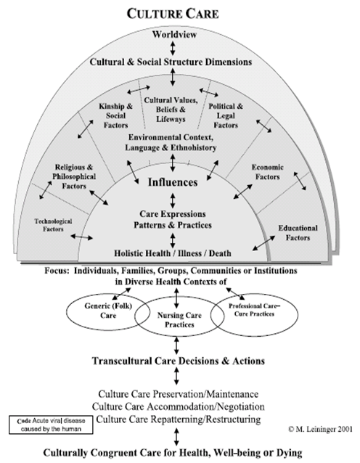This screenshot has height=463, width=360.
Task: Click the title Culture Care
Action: point(173,14)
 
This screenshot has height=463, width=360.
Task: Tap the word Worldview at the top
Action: point(174,35)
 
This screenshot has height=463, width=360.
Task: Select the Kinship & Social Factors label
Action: point(116,115)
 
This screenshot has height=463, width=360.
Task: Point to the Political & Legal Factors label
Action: point(226,115)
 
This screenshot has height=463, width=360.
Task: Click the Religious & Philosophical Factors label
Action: point(74,176)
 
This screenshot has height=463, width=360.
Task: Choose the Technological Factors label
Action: point(53,225)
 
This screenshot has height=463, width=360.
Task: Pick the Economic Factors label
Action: point(267,172)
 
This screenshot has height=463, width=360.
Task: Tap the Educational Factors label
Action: point(298,233)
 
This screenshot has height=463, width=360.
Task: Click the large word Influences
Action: point(173,182)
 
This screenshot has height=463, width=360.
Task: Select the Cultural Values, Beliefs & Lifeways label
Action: point(171,110)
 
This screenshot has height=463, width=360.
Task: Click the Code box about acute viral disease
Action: point(51,425)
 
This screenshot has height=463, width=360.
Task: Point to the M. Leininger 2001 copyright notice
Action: point(320,429)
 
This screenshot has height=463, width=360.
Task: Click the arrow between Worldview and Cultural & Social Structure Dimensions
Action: point(173,48)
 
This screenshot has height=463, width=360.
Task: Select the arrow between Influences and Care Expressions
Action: point(173,200)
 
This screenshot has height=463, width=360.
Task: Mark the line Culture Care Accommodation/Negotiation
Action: point(179,406)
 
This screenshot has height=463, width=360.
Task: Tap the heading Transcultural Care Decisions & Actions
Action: point(179,361)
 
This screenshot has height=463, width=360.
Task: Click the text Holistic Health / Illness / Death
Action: point(173,253)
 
